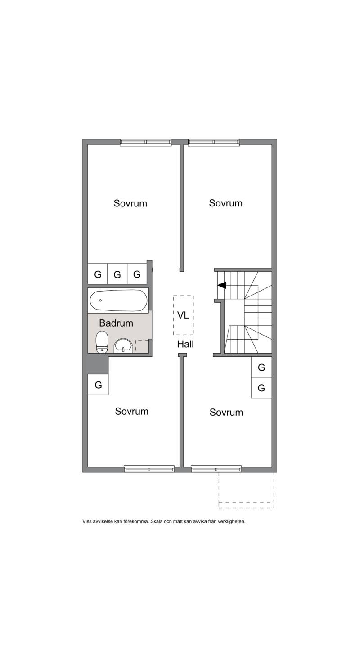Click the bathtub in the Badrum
point(118,301)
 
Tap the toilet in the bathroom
point(102,342)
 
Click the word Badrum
point(116,323)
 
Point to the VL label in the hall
point(183,315)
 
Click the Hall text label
point(185,344)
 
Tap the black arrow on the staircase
point(222,285)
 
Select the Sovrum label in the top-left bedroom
point(130,203)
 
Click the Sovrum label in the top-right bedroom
point(225,203)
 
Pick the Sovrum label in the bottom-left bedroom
point(132,412)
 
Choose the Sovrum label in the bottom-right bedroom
point(226,413)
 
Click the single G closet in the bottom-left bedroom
point(98,385)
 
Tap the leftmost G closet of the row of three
point(98,274)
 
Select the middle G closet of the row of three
point(117,274)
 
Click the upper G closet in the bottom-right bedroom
point(261,367)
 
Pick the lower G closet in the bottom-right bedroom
point(261,387)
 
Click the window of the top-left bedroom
point(146,143)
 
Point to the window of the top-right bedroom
point(214,143)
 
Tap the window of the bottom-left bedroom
point(149,469)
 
